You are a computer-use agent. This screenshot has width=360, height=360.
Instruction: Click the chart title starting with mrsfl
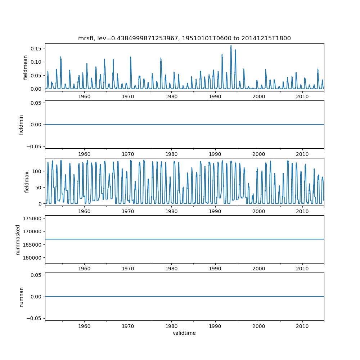[x=184, y=38]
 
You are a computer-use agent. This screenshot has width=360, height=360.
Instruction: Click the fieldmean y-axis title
[x=25, y=67]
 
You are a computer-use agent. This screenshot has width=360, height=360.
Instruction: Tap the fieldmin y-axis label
[x=21, y=125]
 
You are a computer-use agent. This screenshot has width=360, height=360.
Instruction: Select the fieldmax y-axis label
[x=26, y=182]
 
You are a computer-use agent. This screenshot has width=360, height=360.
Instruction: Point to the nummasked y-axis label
[x=18, y=239]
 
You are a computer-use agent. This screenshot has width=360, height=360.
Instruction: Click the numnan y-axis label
[x=21, y=297]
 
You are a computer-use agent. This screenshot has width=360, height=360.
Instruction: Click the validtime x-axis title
[x=184, y=333]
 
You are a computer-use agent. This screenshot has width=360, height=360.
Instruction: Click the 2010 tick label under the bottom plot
[x=302, y=326]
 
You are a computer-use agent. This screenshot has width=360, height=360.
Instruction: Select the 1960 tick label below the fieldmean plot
[x=84, y=96]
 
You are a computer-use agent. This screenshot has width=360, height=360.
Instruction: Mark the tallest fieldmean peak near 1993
[x=231, y=46]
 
